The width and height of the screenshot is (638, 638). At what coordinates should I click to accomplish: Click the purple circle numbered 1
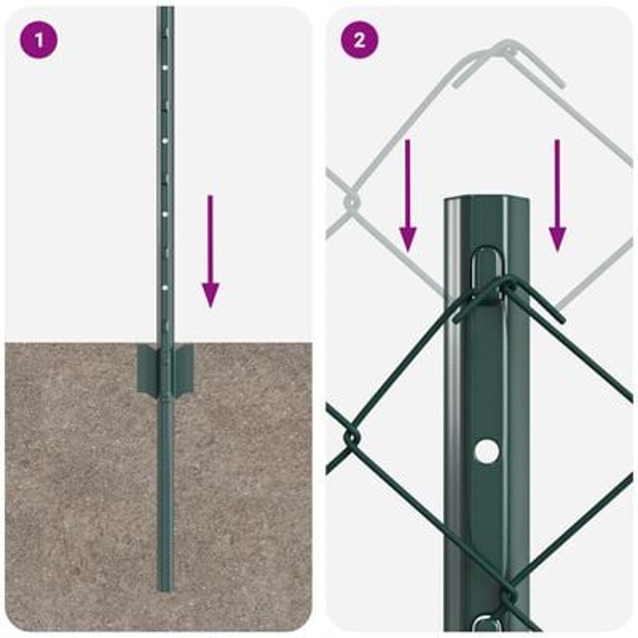[38, 40]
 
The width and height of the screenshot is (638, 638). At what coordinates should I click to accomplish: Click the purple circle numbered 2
[359, 40]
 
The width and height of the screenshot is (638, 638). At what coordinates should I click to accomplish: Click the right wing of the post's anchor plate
[184, 367]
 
